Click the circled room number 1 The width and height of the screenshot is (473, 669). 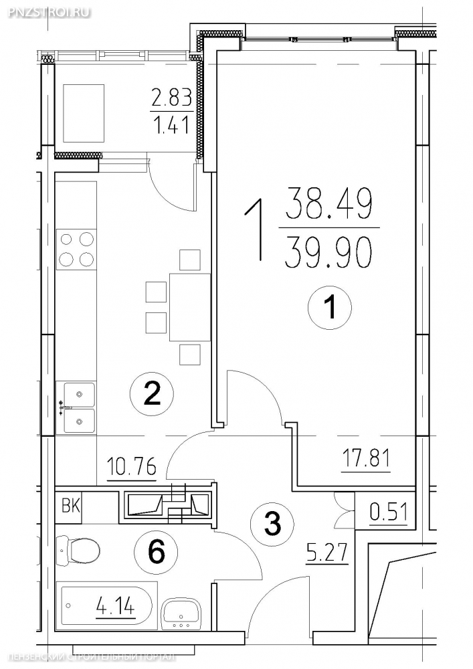(330, 307)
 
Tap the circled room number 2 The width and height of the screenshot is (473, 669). (153, 394)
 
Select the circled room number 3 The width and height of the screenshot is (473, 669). (272, 523)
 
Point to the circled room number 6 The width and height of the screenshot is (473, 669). (156, 553)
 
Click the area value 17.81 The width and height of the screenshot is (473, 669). (366, 459)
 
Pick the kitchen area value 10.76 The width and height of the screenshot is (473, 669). (132, 466)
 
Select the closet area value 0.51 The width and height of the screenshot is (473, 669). (389, 512)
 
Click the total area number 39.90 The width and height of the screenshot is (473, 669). (326, 253)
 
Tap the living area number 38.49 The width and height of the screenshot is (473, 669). (328, 203)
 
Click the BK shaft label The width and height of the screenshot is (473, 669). (71, 506)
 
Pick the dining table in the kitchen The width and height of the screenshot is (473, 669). (190, 307)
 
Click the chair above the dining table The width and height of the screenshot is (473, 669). (190, 260)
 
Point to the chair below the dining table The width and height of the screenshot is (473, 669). (190, 355)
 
